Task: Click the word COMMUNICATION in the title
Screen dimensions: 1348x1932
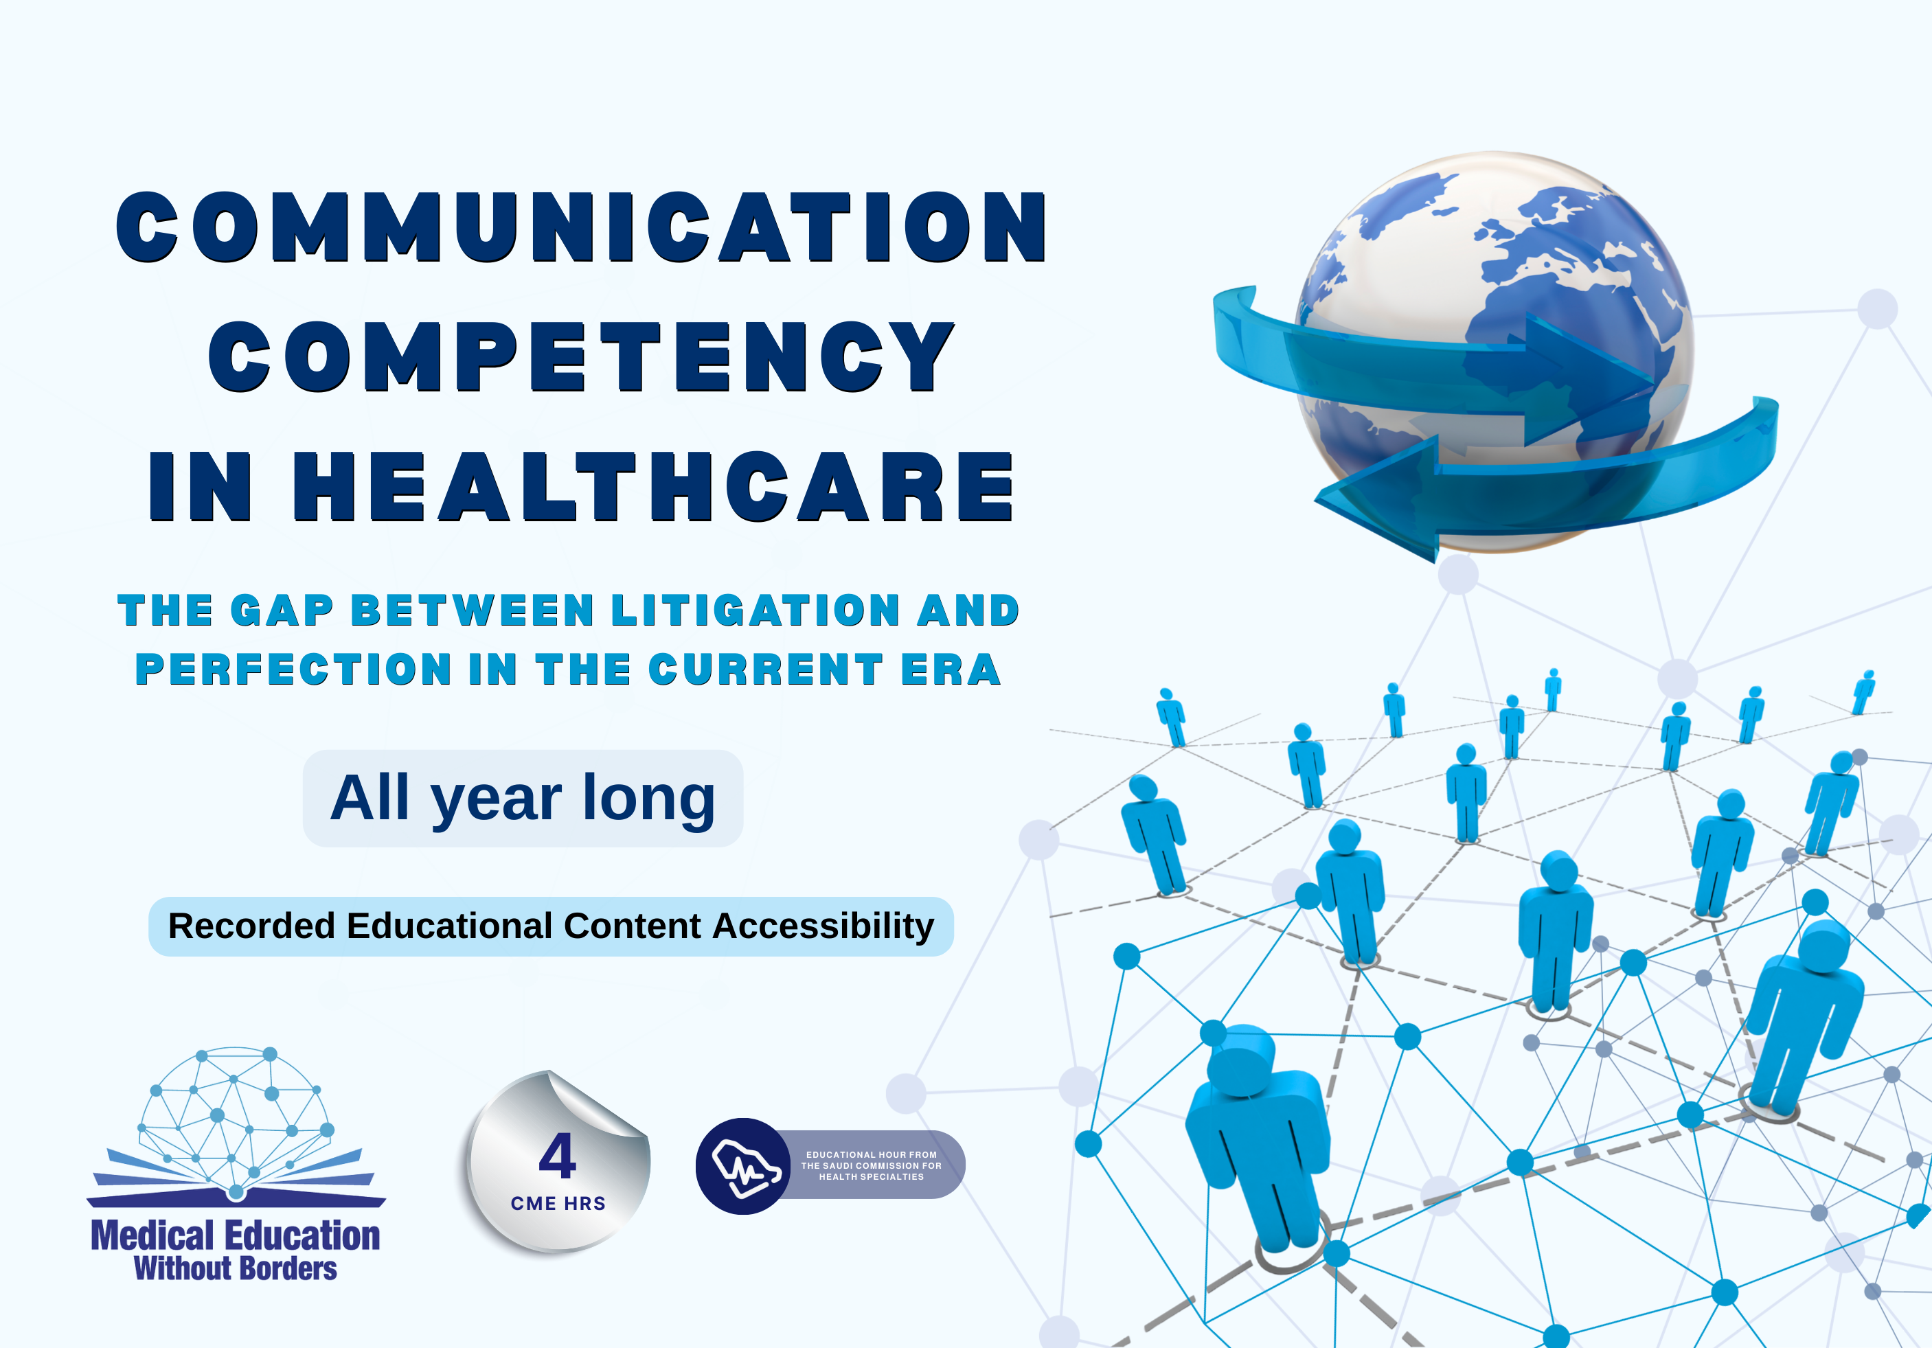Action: tap(580, 227)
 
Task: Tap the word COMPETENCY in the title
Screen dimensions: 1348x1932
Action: tap(580, 357)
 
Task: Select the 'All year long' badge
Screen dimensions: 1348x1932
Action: tap(523, 798)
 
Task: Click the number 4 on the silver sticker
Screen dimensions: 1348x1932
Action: tap(557, 1156)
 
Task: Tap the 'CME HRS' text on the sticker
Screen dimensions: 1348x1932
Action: tap(558, 1203)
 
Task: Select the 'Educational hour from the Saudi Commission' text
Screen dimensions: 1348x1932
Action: tap(871, 1165)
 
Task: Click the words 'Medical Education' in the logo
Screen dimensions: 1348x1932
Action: tap(236, 1235)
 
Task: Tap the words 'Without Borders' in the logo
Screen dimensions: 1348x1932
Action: tap(236, 1268)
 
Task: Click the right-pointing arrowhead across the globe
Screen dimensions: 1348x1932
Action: tap(1582, 378)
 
